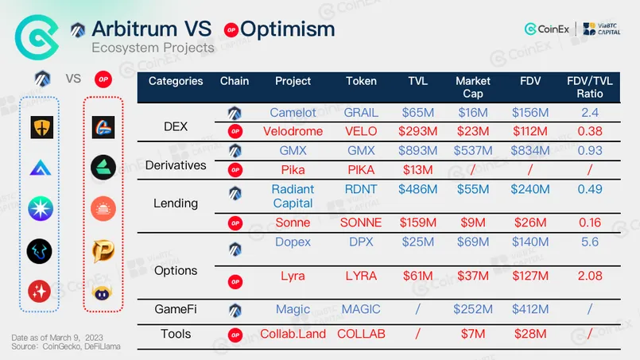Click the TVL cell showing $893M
pyautogui.click(x=417, y=149)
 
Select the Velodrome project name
pyautogui.click(x=293, y=130)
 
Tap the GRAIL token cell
pyautogui.click(x=362, y=113)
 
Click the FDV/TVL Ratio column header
pyautogui.click(x=589, y=87)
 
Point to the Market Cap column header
pyautogui.click(x=473, y=87)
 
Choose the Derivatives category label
pyautogui.click(x=176, y=165)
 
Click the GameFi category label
pyautogui.click(x=176, y=309)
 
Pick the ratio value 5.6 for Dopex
pyautogui.click(x=589, y=242)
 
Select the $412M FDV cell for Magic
pyautogui.click(x=530, y=309)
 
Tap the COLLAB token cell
pyautogui.click(x=362, y=334)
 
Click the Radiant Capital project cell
pyautogui.click(x=293, y=196)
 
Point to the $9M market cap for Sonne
pyautogui.click(x=473, y=223)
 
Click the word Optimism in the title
pyautogui.click(x=287, y=29)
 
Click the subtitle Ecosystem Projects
pyautogui.click(x=153, y=48)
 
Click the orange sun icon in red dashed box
pyautogui.click(x=103, y=207)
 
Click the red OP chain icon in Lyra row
pyautogui.click(x=235, y=281)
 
